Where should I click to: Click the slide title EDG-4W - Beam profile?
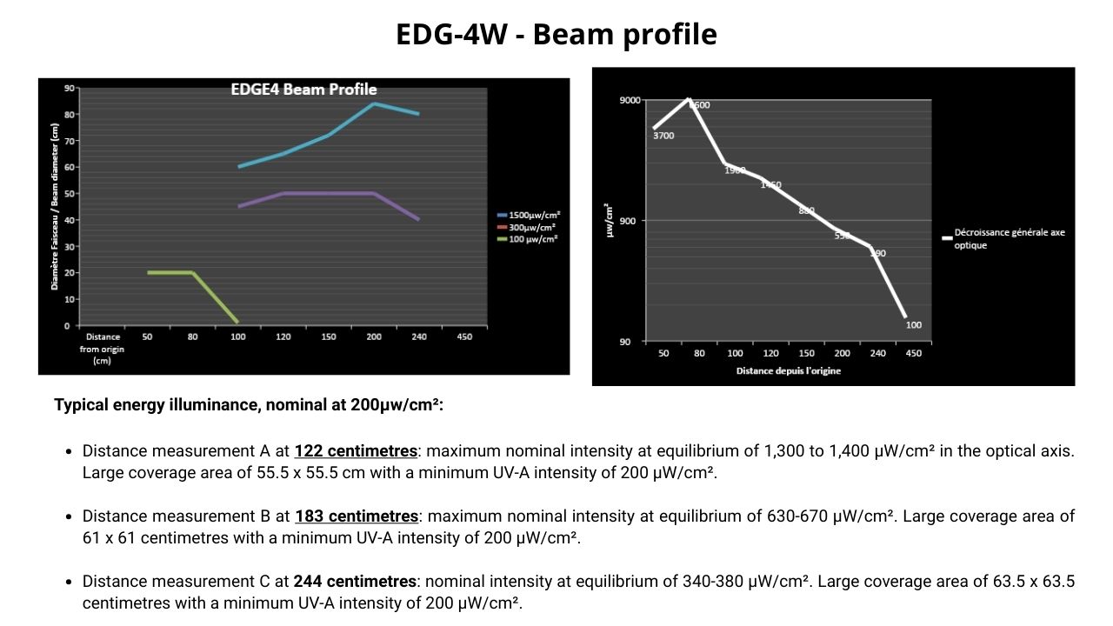tap(556, 34)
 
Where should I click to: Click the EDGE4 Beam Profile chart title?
tap(303, 90)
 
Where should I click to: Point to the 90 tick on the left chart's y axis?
tap(69, 88)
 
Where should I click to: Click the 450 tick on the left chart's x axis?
tap(464, 336)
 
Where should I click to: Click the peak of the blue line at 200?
tap(374, 103)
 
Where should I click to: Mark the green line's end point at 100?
tap(237, 323)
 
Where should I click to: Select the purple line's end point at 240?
tap(419, 220)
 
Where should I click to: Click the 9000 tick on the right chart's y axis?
tap(630, 100)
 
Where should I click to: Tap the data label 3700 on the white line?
tap(663, 136)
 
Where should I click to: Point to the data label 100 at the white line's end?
tap(913, 325)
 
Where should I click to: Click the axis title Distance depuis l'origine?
tap(788, 371)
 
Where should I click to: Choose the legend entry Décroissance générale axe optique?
tap(1009, 238)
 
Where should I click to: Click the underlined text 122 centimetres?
tap(356, 451)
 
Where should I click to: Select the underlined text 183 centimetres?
tap(356, 516)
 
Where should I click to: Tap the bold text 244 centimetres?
tap(355, 582)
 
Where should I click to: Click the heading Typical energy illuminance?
tap(248, 404)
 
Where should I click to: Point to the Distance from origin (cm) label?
tap(103, 348)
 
